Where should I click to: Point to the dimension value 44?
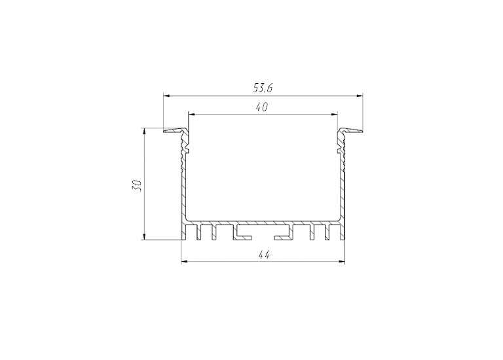263,255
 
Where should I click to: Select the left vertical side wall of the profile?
183,190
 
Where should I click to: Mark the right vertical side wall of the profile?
343,190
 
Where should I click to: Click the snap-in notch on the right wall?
339,151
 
